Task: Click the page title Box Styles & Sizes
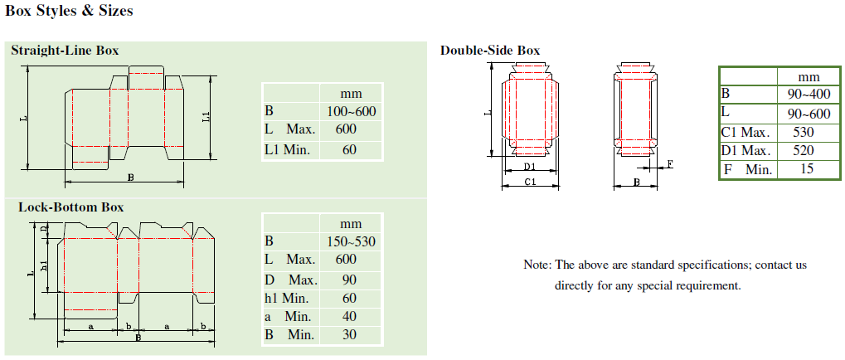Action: click(x=69, y=11)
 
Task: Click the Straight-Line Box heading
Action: click(x=66, y=51)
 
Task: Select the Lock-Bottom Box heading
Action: click(x=71, y=207)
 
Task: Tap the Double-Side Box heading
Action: click(x=490, y=51)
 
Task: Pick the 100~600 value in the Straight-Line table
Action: click(x=352, y=112)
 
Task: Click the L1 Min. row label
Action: click(x=287, y=149)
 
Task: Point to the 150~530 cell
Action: click(x=352, y=241)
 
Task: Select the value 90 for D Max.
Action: click(x=350, y=280)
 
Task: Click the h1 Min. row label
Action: click(x=288, y=298)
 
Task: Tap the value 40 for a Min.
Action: click(x=350, y=316)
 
